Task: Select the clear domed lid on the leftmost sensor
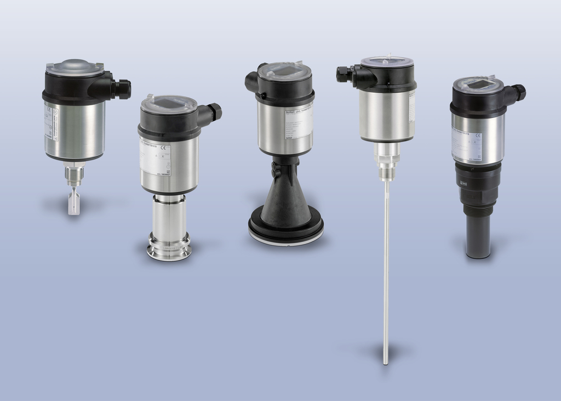[x=75, y=67]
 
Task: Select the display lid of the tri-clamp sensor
[x=168, y=104]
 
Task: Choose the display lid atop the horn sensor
[x=284, y=71]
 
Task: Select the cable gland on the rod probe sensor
[x=344, y=74]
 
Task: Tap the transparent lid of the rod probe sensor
[x=387, y=61]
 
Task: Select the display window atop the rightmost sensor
[x=477, y=84]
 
